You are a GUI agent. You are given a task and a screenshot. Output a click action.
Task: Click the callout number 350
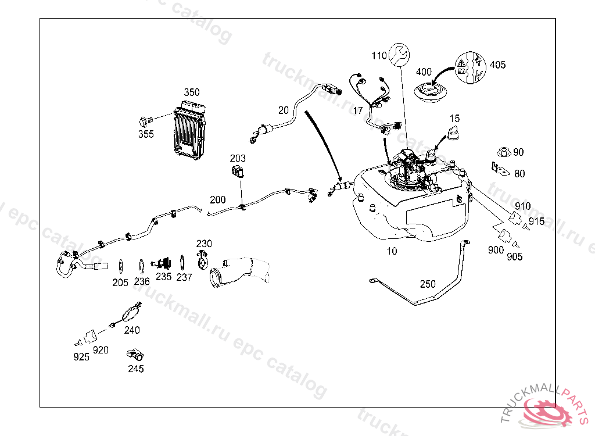[x=192, y=92]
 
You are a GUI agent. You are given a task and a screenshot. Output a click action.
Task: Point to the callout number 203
[x=238, y=158]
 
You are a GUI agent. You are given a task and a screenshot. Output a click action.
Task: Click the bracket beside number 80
[x=497, y=170]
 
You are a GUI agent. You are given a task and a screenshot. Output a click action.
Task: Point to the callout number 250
[x=428, y=284]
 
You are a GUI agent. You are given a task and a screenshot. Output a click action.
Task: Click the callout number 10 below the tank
[x=392, y=251]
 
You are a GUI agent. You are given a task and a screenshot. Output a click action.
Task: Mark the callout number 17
[x=358, y=110]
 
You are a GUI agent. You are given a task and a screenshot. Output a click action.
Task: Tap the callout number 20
[x=284, y=110]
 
